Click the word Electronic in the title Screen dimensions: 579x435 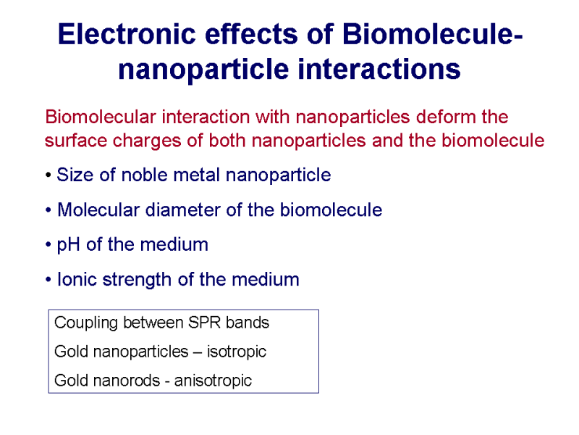pos(127,34)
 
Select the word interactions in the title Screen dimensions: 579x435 pos(379,69)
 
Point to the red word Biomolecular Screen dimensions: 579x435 pos(101,117)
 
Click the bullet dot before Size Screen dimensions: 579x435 pos(48,175)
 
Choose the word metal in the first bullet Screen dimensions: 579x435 pos(196,175)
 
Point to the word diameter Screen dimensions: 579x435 pos(182,210)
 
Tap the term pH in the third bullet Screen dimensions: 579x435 pos(68,245)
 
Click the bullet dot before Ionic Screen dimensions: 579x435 pos(48,280)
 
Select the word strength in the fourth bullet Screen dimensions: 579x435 pos(137,280)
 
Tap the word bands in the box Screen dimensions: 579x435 pos(248,323)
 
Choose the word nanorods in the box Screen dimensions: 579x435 pos(127,380)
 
